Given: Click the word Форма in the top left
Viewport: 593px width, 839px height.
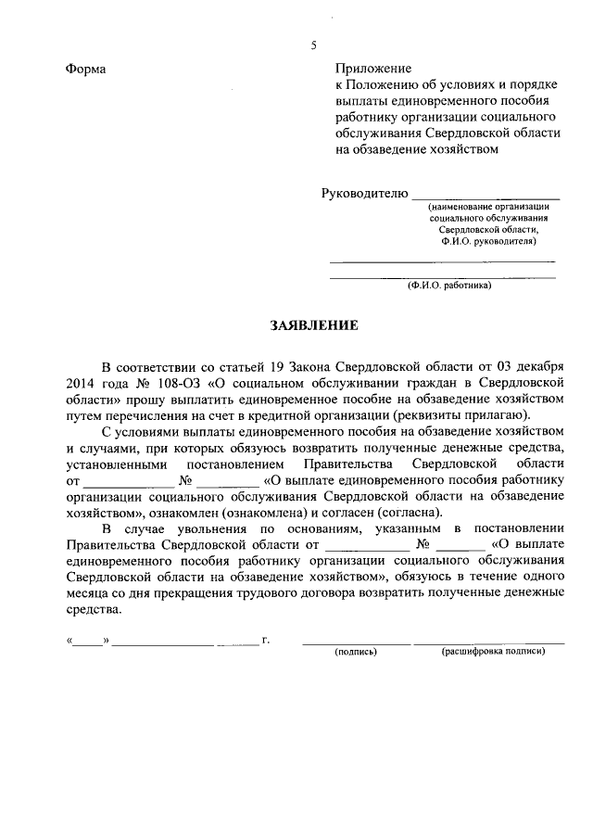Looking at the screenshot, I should pyautogui.click(x=86, y=70).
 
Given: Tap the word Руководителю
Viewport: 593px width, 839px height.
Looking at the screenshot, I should pyautogui.click(x=364, y=193).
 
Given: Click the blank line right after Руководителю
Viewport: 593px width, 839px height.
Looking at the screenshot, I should pyautogui.click(x=486, y=195).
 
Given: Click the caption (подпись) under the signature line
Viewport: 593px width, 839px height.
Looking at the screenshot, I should pyautogui.click(x=356, y=652).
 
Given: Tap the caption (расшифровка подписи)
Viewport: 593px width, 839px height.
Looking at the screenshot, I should pyautogui.click(x=493, y=652).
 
